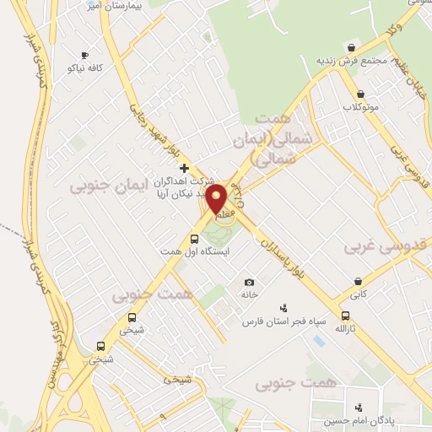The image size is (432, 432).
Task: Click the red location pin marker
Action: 217,199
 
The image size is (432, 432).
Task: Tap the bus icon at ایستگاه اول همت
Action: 195,238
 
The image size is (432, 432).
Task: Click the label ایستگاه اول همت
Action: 195,251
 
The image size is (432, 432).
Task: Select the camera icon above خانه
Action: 249,282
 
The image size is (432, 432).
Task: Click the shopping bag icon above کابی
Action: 359,281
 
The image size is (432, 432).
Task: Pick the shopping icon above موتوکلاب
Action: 361,94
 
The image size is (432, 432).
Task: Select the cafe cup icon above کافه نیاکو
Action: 83,55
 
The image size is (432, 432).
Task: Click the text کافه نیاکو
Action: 83,67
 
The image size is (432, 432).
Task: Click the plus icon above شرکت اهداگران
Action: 185,168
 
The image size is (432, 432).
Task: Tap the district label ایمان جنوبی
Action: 108,183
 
